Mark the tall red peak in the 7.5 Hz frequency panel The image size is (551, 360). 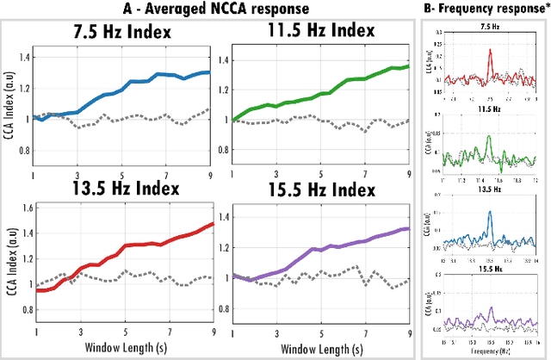click(490, 52)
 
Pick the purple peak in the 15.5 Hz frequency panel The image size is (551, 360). click(490, 307)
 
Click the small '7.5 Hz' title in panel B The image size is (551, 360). click(488, 27)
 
